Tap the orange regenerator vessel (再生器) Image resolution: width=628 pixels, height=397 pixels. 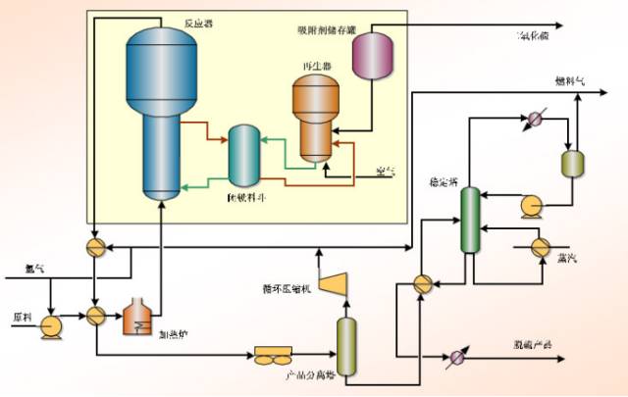315,116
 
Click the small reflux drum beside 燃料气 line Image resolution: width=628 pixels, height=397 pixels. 572,163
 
